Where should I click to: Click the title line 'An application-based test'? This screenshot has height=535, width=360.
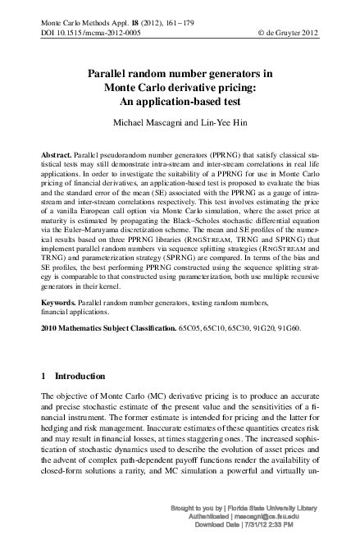point(180,103)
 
